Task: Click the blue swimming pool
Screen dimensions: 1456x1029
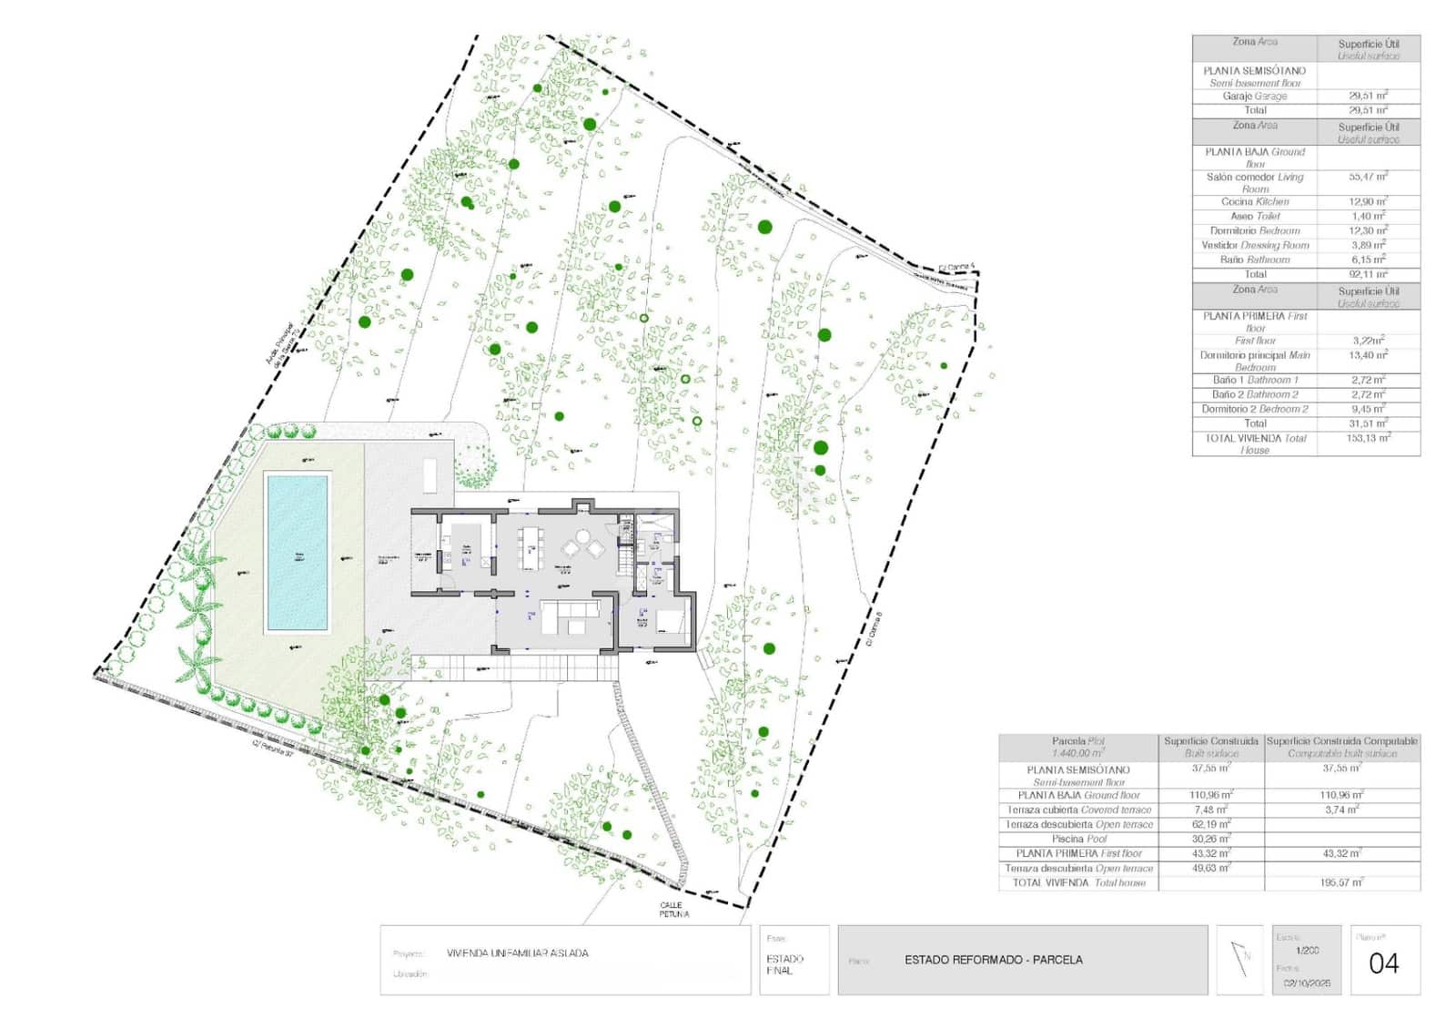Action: [297, 552]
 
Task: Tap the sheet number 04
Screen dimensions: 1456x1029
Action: [1383, 963]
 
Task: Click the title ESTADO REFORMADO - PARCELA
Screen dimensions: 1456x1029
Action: [993, 960]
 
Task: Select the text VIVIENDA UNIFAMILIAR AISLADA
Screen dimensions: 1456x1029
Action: [517, 953]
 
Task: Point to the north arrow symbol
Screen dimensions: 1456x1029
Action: [1240, 959]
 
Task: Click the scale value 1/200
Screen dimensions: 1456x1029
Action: [1307, 951]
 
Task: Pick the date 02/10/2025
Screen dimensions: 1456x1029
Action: [1307, 983]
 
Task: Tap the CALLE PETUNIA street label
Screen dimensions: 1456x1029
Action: [674, 910]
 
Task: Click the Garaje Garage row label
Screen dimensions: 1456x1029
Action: [1254, 96]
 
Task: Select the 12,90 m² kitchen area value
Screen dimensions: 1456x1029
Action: [1368, 201]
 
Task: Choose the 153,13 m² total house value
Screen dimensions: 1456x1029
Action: [1368, 438]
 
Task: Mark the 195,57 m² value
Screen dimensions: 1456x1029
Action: [1341, 882]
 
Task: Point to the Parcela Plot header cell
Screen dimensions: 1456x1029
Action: [1077, 747]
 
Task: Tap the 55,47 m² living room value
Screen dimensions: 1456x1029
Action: [1368, 177]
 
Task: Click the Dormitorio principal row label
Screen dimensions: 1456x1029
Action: [1254, 361]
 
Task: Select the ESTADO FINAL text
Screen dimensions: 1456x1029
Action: [784, 964]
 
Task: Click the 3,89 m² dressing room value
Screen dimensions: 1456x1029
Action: [1368, 245]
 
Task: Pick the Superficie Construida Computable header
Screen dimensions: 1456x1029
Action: [1341, 747]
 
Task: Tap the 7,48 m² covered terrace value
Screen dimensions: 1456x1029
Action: [1210, 810]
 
